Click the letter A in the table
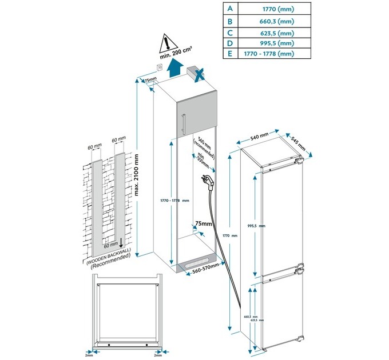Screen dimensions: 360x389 (x=229, y=9)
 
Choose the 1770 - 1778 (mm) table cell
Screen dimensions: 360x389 (x=268, y=54)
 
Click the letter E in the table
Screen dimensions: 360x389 (x=229, y=54)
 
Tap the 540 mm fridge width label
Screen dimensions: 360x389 (x=260, y=137)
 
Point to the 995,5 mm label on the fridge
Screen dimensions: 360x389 (x=258, y=226)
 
